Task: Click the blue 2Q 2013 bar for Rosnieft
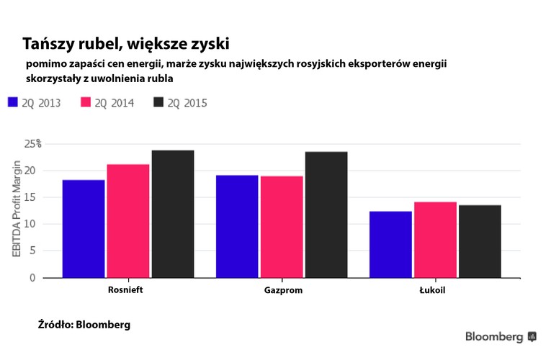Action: (x=84, y=228)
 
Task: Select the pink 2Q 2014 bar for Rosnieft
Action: (x=128, y=220)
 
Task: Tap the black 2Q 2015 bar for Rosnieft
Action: (x=173, y=213)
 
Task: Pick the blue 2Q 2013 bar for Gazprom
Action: (x=237, y=226)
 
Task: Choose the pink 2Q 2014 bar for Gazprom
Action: (x=282, y=227)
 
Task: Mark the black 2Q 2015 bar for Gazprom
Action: (x=326, y=214)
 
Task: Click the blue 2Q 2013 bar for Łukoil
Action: (x=391, y=244)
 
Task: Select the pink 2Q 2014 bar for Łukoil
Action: (x=435, y=239)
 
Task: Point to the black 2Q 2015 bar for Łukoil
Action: (x=480, y=241)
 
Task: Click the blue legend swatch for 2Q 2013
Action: (x=12, y=102)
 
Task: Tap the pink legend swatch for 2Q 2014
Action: (x=86, y=102)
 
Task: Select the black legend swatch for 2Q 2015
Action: (x=159, y=102)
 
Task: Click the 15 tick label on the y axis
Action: (x=29, y=197)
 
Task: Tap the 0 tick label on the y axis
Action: (x=32, y=277)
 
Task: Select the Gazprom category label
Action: (x=282, y=290)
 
